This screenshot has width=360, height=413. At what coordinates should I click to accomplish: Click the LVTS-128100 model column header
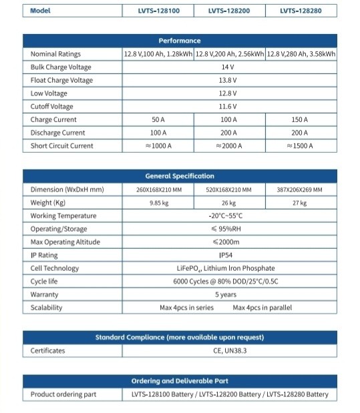[158, 11]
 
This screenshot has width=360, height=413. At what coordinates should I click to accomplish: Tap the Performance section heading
[180, 41]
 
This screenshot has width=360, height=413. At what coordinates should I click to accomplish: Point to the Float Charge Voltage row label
[61, 81]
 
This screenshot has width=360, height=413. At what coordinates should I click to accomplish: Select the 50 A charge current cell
[158, 120]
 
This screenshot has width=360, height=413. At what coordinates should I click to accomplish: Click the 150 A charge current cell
[301, 120]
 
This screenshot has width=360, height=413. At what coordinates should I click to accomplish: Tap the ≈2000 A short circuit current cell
[229, 146]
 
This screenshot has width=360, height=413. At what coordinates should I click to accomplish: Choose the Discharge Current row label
[58, 133]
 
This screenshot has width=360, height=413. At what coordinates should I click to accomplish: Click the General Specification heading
[180, 176]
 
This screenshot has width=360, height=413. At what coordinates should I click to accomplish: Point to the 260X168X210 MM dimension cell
[158, 190]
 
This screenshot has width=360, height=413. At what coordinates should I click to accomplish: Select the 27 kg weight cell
[301, 203]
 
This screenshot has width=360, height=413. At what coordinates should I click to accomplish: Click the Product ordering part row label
[63, 394]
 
